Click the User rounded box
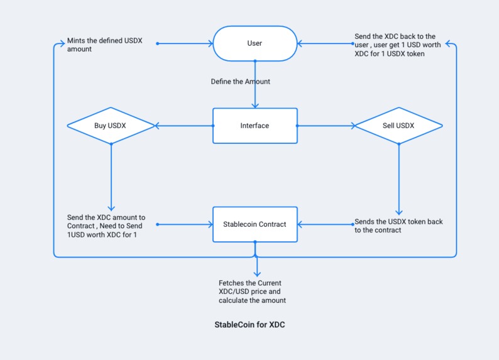255,43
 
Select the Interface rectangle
255,126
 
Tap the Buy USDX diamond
111,126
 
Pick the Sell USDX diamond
398,126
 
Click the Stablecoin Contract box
255,224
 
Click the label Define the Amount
240,82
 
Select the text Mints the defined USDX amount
106,45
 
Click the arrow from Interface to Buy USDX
184,126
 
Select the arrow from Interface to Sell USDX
325,126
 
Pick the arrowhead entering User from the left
210,44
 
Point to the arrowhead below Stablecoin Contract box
256,273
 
